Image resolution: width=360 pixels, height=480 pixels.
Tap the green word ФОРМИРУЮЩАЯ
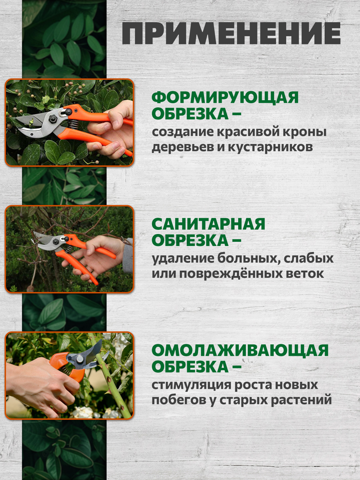tap(225, 98)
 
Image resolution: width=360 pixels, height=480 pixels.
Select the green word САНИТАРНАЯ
tap(208, 224)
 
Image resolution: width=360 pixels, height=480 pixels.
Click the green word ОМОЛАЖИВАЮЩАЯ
tap(240, 351)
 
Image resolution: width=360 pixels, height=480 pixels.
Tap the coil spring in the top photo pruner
tap(73, 124)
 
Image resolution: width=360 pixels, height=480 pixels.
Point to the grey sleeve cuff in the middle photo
tap(128, 255)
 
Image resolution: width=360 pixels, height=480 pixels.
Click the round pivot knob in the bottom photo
tap(79, 359)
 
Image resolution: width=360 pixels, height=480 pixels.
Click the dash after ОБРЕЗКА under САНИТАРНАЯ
tap(236, 241)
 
